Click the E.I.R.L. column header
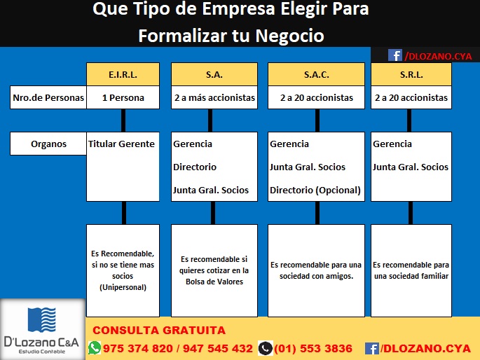coord(123,74)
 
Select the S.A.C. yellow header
coord(316,74)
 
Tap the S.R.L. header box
coord(411,74)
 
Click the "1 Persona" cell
coord(123,97)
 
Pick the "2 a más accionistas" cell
coord(214,97)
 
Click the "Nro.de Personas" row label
coord(48,97)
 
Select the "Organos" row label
coord(48,144)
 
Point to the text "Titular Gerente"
coord(121,144)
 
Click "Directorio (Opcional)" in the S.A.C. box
coord(315,191)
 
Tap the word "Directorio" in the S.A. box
coord(195,167)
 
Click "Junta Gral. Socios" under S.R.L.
coord(410,167)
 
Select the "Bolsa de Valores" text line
coord(214,282)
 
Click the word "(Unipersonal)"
coord(123,287)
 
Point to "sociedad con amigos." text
coord(316,276)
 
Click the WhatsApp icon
coord(95,348)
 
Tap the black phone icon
coord(265,348)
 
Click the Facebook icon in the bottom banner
coord(372,348)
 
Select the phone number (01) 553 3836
coord(313,348)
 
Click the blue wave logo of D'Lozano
coord(41,320)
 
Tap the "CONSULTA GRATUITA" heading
coord(159,331)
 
